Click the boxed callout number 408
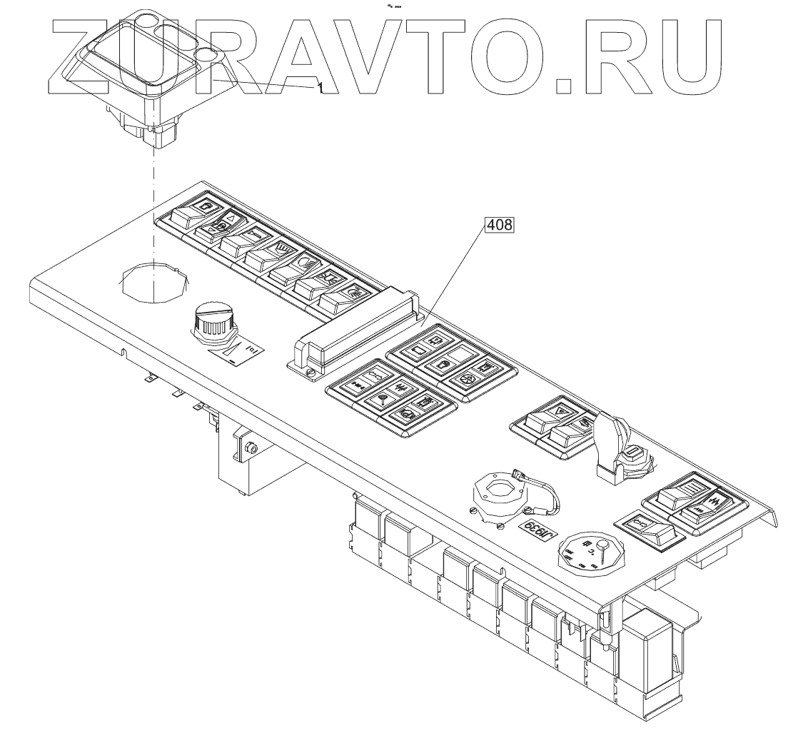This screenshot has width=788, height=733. [x=499, y=226]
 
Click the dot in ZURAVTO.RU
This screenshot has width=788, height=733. [x=564, y=86]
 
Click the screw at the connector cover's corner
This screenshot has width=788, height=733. [x=311, y=371]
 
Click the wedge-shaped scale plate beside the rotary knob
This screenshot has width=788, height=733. [x=233, y=350]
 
